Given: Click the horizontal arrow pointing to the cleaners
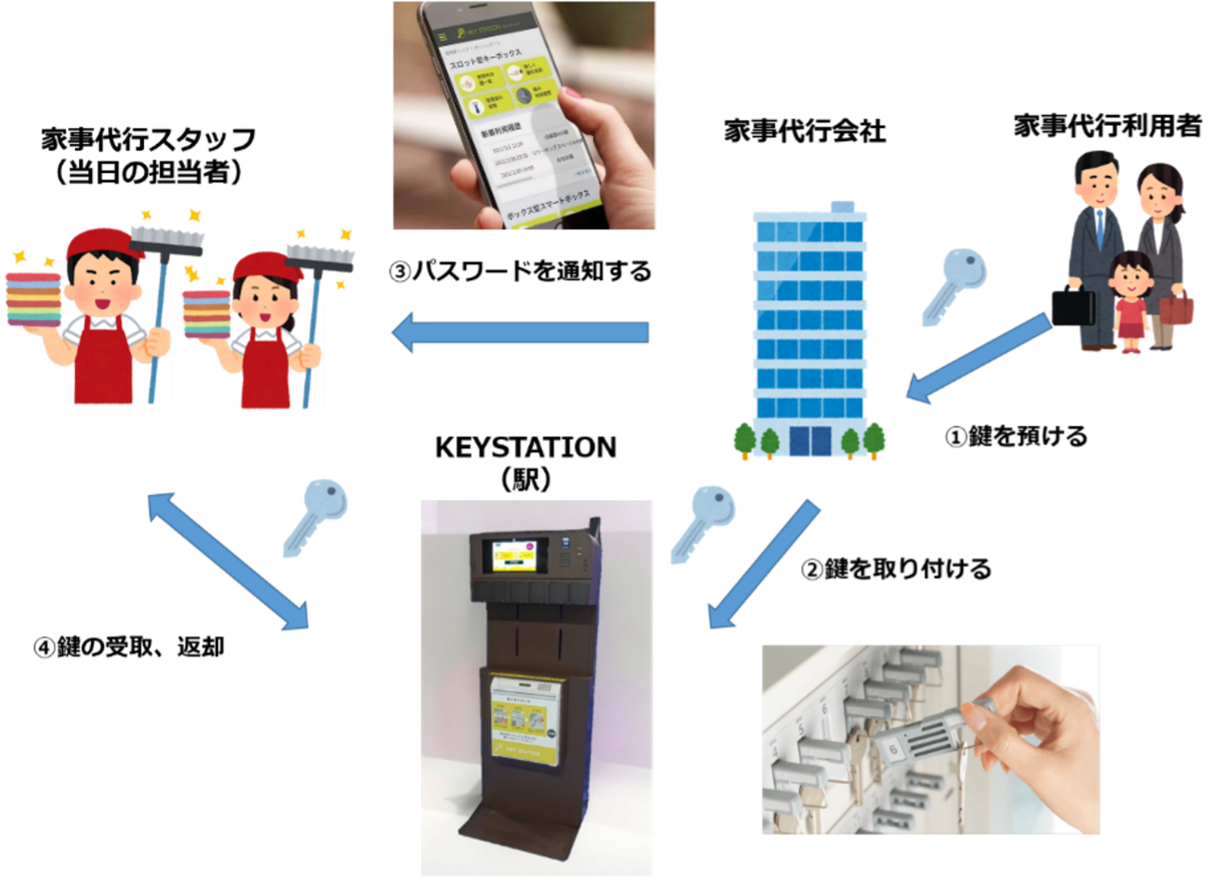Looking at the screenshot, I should click(522, 333).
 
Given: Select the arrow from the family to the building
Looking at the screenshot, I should click(977, 358).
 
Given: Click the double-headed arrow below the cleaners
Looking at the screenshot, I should click(228, 561).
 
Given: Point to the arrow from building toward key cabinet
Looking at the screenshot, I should click(763, 566).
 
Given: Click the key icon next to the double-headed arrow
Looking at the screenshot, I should click(316, 515).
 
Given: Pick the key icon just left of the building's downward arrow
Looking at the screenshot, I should click(703, 521).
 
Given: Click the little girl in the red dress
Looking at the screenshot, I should click(1130, 301).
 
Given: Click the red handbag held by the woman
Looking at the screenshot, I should click(1176, 310).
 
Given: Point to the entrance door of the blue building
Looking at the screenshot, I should click(810, 441).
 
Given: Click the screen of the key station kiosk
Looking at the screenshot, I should click(509, 556).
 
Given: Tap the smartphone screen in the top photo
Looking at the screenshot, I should click(517, 124).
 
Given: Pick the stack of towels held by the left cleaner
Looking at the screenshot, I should click(34, 299).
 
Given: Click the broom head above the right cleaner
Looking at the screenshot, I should click(320, 257).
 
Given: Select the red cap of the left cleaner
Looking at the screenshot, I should click(103, 242).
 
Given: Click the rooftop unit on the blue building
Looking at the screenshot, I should click(843, 207).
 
